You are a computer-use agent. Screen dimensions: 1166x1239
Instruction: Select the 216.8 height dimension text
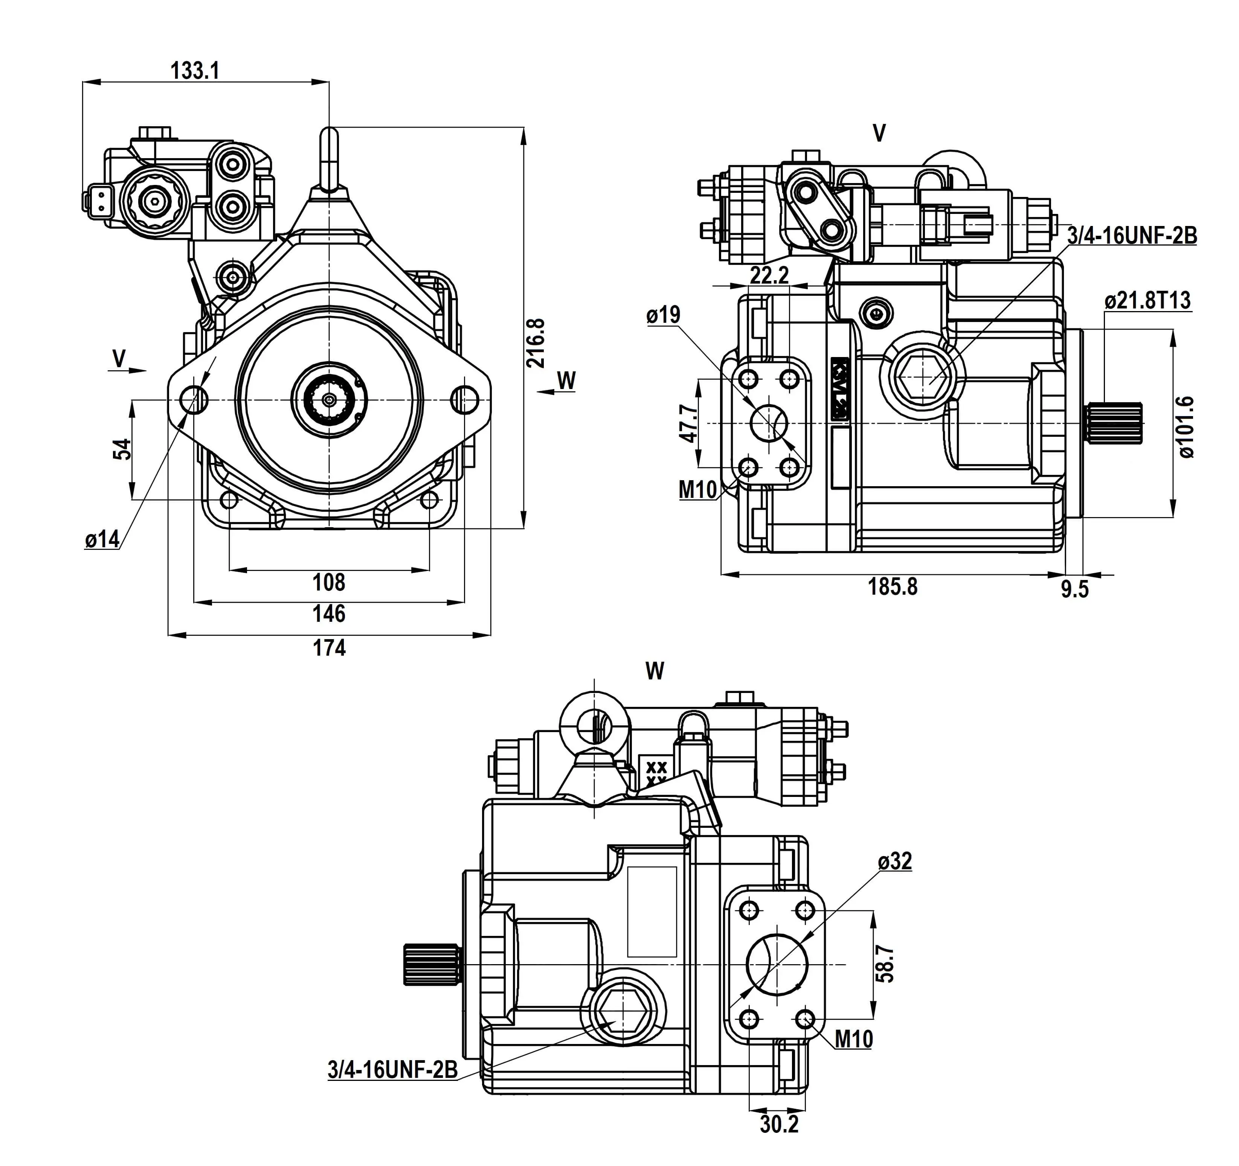coord(536,343)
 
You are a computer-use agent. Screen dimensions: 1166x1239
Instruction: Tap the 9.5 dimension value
coord(1074,589)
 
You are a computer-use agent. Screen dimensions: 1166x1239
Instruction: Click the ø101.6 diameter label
coord(1187,427)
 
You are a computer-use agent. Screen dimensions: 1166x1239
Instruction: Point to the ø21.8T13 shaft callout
coord(1147,301)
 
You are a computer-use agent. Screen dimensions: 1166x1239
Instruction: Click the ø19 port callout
coord(663,315)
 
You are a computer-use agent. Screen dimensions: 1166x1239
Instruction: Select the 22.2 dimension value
coord(769,275)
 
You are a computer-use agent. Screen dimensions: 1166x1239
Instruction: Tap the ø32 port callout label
coord(895,861)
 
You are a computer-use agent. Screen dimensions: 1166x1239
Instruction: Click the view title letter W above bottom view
coord(655,671)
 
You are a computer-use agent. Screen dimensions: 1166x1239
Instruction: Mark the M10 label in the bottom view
coord(853,1039)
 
